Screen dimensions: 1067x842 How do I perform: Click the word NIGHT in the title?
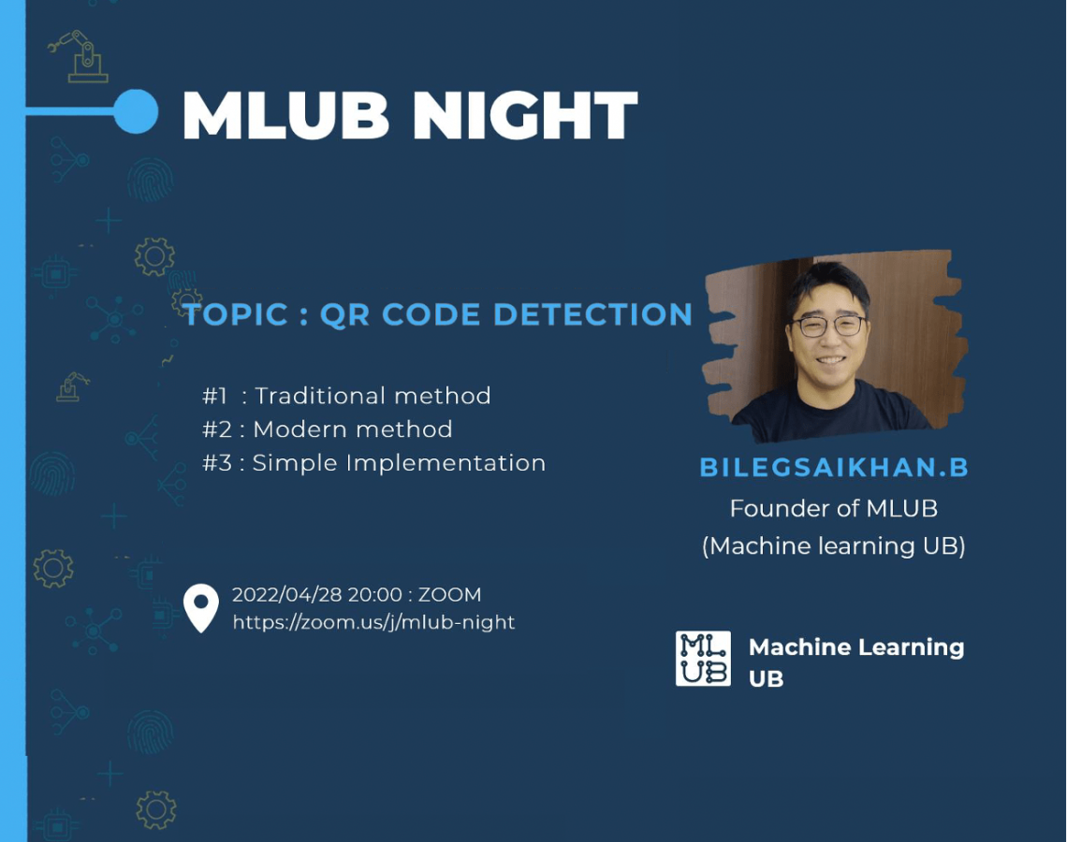coord(525,115)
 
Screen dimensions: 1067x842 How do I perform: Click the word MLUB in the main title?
coord(285,115)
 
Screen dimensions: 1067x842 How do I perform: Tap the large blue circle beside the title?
coord(136,110)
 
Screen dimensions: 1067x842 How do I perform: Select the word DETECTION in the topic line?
coord(592,314)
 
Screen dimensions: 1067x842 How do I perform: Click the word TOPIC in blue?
coord(236,314)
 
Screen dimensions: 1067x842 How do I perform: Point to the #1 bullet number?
coord(214,396)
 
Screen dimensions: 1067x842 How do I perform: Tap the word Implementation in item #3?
coord(446,463)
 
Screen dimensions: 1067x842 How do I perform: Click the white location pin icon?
coord(200,606)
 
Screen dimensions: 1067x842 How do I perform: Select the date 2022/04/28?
coord(286,594)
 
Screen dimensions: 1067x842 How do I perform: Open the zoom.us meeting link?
coord(373,622)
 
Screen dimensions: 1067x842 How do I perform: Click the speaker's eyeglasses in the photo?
coord(830,326)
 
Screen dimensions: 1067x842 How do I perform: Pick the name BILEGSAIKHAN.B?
coord(834,467)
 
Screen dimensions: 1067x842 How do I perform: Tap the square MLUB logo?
coord(703,658)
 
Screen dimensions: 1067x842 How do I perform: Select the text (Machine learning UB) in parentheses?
coord(834,546)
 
